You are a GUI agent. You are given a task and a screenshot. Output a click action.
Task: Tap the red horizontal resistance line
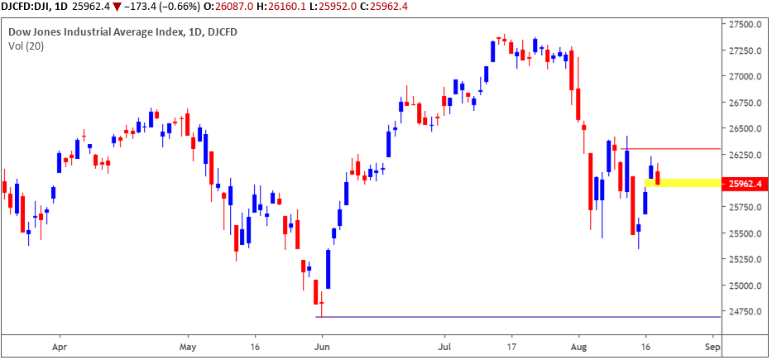point(670,149)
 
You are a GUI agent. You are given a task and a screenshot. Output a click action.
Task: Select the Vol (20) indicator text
point(25,46)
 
